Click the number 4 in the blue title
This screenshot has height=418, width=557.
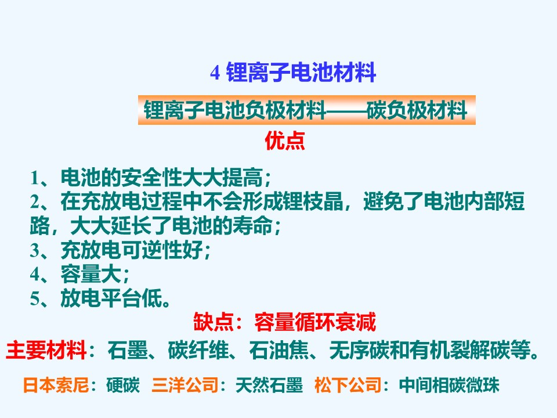point(215,73)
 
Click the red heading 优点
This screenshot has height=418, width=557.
point(285,141)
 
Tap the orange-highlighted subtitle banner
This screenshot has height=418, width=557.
point(306,110)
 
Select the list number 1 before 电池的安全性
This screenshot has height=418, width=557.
point(35,178)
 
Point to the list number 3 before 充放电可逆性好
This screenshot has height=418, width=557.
point(35,250)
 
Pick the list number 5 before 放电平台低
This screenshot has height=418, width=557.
point(35,298)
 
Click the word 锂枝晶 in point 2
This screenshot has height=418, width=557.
point(313,201)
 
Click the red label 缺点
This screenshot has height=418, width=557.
point(214,322)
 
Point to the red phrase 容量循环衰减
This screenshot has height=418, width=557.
point(314,322)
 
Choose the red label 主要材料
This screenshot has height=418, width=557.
point(46,350)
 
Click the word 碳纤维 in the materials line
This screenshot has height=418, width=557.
point(198,350)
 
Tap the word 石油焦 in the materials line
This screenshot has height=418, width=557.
point(279,350)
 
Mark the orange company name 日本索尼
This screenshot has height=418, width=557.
point(56,385)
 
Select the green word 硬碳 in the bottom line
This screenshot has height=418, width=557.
point(123,385)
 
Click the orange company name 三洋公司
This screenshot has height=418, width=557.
point(185,385)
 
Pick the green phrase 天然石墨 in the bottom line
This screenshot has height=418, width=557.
point(269,385)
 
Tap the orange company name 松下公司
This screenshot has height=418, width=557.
point(348,385)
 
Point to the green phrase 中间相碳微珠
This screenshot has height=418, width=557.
point(449,385)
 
